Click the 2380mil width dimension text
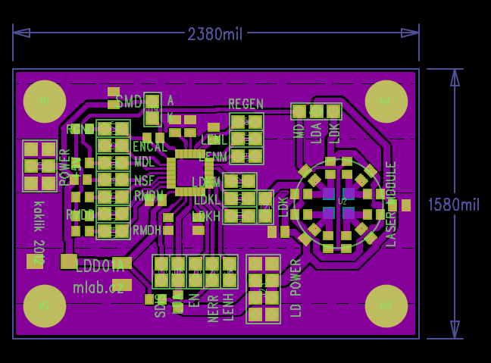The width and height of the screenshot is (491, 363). click(215, 34)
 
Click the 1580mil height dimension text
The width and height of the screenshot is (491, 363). click(454, 205)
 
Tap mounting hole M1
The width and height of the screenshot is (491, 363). click(45, 101)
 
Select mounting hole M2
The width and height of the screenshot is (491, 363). click(45, 306)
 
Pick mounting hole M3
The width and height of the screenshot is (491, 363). click(386, 306)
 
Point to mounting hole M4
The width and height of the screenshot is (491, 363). click(386, 101)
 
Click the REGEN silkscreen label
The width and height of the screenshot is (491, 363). click(246, 104)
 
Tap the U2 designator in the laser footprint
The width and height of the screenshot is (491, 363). click(342, 202)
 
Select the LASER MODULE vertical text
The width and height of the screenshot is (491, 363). click(392, 203)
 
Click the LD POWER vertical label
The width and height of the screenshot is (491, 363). click(296, 288)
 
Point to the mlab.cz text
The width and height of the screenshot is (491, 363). click(99, 288)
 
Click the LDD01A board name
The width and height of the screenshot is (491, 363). click(100, 266)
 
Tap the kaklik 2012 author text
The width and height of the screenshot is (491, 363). click(39, 232)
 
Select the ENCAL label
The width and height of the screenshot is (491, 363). click(150, 147)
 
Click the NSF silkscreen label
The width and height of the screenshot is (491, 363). click(144, 180)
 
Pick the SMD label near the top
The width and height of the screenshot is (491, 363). click(130, 102)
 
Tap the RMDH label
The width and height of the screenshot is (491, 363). click(147, 230)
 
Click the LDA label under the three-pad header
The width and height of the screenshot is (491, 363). click(316, 133)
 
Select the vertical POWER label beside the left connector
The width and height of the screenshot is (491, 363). click(65, 167)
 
